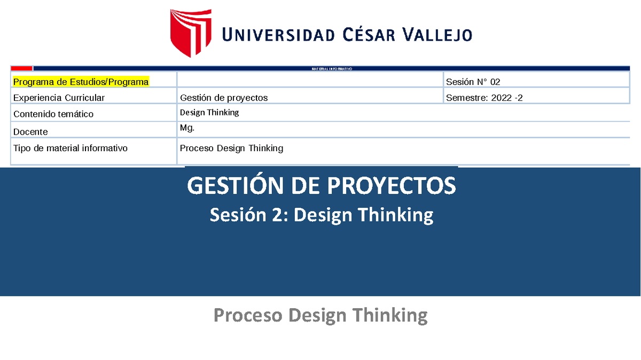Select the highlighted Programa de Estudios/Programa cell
[81, 82]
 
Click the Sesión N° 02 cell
[473, 82]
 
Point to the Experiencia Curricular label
[59, 98]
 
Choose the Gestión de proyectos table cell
[224, 98]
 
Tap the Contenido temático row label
[53, 114]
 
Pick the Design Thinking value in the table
[209, 113]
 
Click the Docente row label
[30, 131]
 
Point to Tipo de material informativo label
[71, 148]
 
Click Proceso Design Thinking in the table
[231, 148]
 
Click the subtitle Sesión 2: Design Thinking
[321, 215]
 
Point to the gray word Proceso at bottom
[248, 315]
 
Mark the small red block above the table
[22, 68]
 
